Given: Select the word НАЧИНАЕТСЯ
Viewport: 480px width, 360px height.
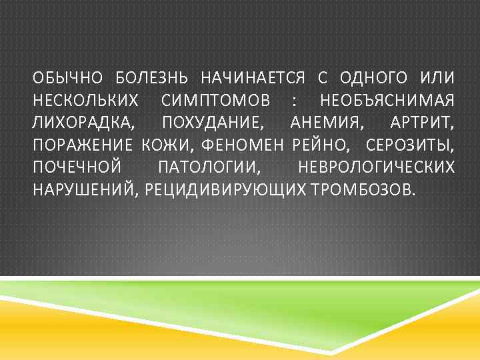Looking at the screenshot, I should [249, 79].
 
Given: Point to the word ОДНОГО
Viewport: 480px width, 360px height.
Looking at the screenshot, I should [369, 79].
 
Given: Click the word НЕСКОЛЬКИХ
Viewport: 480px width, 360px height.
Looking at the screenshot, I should [86, 101].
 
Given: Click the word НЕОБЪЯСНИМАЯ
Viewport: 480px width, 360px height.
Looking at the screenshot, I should [388, 101].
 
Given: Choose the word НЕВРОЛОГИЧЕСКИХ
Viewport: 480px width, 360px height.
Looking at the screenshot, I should [377, 167].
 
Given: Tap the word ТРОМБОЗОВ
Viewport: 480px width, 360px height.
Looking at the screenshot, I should [361, 189].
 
